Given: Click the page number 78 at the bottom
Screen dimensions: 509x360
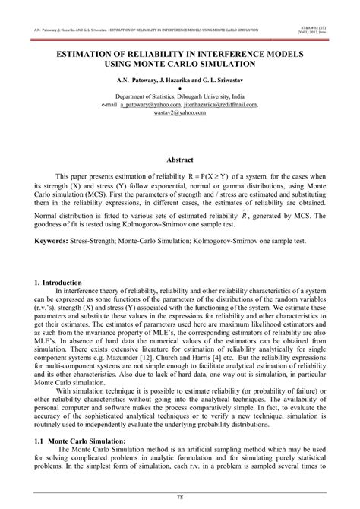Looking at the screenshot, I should (180, 497).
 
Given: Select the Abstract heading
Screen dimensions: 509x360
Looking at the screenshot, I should (180, 161).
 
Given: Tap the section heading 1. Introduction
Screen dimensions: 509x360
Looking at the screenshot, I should (61, 283).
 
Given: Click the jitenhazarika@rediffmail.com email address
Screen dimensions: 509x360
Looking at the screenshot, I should (223, 105).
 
